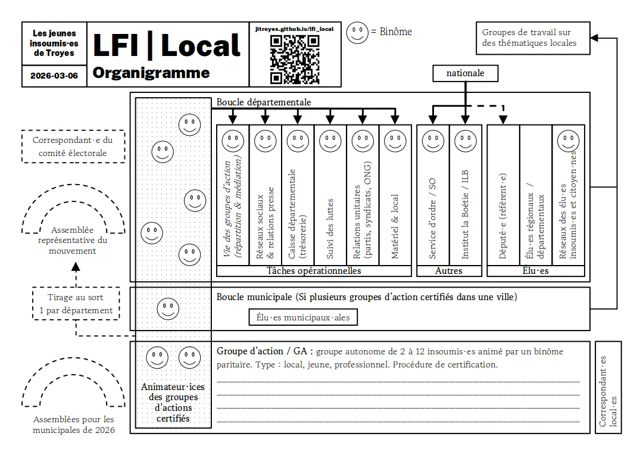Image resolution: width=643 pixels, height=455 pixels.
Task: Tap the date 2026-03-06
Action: (54, 76)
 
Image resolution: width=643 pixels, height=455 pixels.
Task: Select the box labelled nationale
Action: (465, 73)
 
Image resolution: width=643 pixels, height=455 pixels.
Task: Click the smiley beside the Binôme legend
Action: (358, 32)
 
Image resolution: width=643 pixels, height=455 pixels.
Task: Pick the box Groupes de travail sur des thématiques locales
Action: (532, 38)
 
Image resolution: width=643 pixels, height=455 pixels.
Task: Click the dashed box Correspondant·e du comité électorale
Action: (73, 147)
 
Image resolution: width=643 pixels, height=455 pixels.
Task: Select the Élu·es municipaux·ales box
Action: (303, 317)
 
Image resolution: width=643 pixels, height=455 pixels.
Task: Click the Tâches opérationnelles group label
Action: (314, 271)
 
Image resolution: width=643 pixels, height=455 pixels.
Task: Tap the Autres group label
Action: (448, 271)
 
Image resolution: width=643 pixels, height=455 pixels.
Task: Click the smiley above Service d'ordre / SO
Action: (433, 141)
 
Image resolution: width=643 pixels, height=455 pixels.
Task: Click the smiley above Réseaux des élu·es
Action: (568, 141)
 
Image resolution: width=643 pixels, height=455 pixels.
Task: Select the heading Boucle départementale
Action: (263, 102)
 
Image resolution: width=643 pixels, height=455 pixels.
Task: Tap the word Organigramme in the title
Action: (151, 73)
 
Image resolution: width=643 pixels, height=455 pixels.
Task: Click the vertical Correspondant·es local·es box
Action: (608, 387)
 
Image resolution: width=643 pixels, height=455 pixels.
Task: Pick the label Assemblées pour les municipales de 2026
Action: (74, 425)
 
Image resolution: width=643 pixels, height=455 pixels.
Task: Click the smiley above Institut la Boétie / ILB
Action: (466, 141)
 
